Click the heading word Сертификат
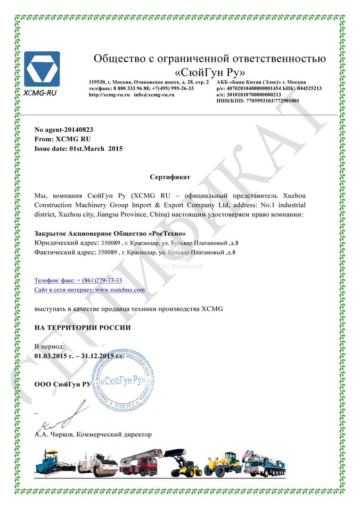point(170,177)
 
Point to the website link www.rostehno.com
point(120,290)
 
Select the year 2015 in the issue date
point(115,148)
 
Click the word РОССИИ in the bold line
point(114,328)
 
